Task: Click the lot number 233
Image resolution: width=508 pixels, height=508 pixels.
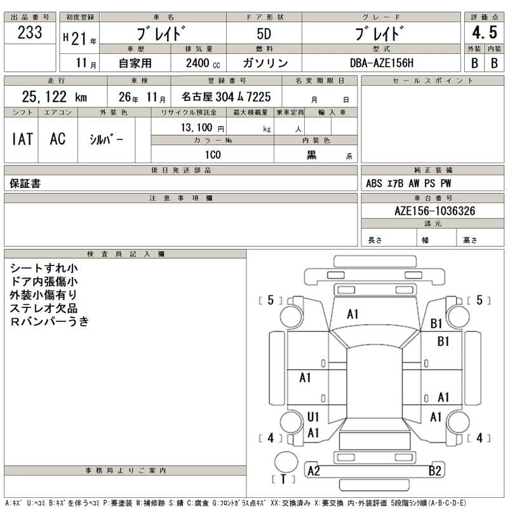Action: [x=30, y=34]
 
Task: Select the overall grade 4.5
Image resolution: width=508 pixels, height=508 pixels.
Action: [x=484, y=32]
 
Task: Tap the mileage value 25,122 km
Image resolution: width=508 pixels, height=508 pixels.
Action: [x=54, y=97]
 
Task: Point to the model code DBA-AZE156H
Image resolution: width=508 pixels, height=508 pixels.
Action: [x=380, y=63]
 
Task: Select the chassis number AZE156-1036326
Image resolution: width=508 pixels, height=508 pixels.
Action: [x=434, y=211]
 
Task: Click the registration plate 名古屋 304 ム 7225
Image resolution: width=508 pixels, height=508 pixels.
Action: [x=225, y=97]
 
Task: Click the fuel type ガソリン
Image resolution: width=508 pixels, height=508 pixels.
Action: [x=265, y=63]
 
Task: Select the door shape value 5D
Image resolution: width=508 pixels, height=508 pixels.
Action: [x=264, y=33]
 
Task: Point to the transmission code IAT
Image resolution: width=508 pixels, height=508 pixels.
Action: [x=22, y=139]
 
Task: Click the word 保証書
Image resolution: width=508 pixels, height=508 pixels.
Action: [x=25, y=184]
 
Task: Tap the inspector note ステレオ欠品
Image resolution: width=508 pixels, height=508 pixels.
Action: [x=44, y=308]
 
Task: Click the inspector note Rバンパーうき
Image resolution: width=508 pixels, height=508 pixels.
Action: [x=50, y=321]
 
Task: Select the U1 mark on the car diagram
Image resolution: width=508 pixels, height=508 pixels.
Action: [x=312, y=417]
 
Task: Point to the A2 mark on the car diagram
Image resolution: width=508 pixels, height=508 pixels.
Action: [x=314, y=471]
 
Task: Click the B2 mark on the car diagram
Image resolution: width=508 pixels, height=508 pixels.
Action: [x=435, y=471]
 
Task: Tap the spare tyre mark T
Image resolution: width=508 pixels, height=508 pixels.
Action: [x=283, y=479]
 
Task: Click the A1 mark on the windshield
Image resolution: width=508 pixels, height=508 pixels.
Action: [x=353, y=314]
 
